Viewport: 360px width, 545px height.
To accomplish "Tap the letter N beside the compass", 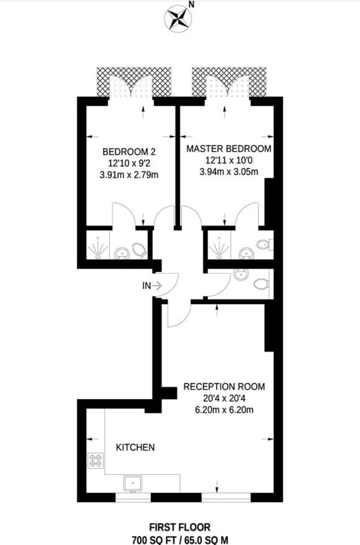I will click(x=192, y=5).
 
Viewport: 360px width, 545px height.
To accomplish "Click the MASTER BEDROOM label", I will click(x=229, y=149).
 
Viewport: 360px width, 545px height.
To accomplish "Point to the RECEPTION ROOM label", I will click(x=224, y=387).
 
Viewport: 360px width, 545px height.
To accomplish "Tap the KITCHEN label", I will click(x=136, y=447).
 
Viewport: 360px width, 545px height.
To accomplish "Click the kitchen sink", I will click(x=133, y=483).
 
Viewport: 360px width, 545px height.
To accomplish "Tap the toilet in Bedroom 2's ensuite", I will click(x=139, y=249).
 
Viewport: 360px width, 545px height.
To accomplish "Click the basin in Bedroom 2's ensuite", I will click(x=121, y=253).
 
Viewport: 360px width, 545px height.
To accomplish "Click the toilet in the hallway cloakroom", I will click(x=261, y=285).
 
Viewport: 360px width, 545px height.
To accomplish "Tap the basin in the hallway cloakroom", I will click(x=239, y=274).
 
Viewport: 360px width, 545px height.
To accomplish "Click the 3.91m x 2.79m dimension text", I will click(x=128, y=175).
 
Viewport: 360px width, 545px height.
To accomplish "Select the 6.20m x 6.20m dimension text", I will click(x=224, y=411).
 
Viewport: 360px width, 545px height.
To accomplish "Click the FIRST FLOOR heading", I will click(x=180, y=527).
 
